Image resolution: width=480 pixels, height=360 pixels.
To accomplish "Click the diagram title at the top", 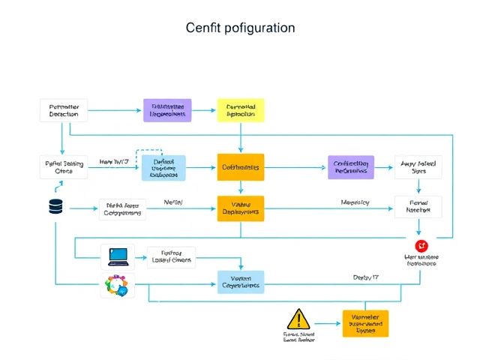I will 240,28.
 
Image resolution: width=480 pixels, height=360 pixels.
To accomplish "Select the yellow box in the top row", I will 240,109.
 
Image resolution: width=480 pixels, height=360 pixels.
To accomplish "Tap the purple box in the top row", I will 167,109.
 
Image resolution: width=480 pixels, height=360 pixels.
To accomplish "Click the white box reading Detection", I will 63,109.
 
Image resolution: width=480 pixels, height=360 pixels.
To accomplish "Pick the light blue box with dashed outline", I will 163,167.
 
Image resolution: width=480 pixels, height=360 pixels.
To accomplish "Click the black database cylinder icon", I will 55,207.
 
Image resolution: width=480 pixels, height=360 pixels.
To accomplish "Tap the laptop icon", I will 118,256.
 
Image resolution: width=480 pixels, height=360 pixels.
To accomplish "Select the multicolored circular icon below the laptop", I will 118,286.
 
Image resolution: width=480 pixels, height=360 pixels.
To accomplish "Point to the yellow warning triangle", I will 298,319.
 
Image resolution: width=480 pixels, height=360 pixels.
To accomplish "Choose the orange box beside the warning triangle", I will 365,323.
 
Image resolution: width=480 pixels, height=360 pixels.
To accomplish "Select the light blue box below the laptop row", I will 240,281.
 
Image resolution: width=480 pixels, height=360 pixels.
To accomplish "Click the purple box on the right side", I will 350,167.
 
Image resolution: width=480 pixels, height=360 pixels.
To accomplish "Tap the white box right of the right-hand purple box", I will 418,167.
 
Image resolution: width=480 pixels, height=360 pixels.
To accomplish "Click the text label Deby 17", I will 365,277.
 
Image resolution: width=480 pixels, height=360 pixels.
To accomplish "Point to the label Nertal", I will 173,202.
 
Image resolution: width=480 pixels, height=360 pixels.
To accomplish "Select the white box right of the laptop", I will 171,257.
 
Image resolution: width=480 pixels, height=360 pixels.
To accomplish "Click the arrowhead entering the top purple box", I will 139,110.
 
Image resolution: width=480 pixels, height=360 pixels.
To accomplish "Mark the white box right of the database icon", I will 122,208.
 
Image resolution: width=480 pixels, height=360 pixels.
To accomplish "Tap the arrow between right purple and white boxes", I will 384,167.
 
